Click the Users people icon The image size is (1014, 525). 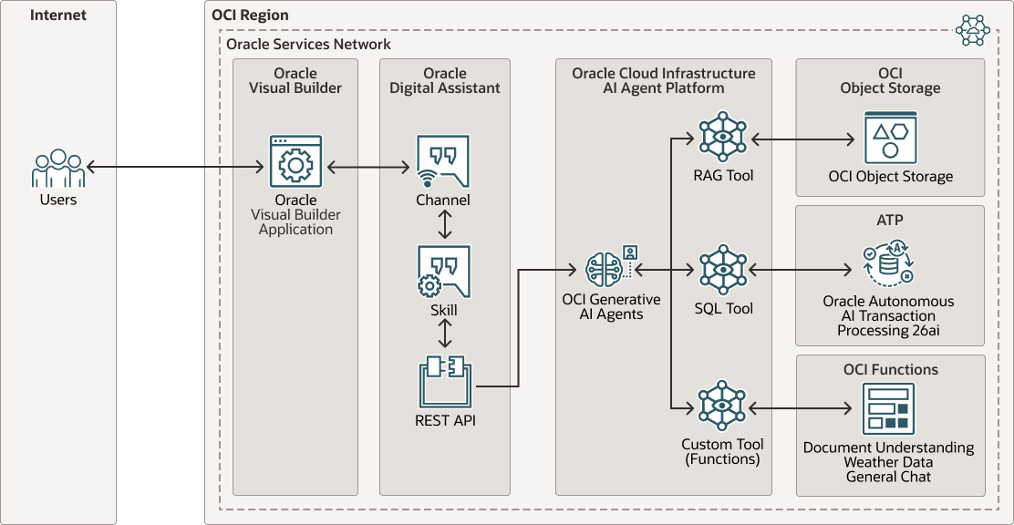58,169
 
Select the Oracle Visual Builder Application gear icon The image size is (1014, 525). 295,162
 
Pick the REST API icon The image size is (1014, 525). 445,381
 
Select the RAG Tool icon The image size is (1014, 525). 722,138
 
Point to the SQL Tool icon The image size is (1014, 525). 722,269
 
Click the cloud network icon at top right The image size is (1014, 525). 972,31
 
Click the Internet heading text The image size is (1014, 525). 57,15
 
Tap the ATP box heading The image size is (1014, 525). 889,220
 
